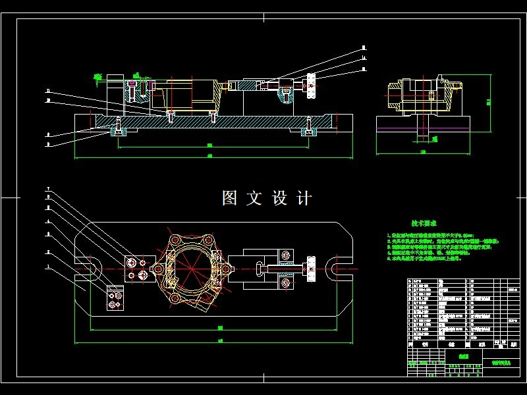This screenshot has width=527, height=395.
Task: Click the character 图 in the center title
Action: click(230, 198)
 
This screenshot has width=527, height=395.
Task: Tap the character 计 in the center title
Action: click(304, 198)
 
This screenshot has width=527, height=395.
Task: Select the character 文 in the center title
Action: click(255, 198)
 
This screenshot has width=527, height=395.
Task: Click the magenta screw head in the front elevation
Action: click(134, 84)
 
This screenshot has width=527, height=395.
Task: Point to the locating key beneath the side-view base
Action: click(422, 137)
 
